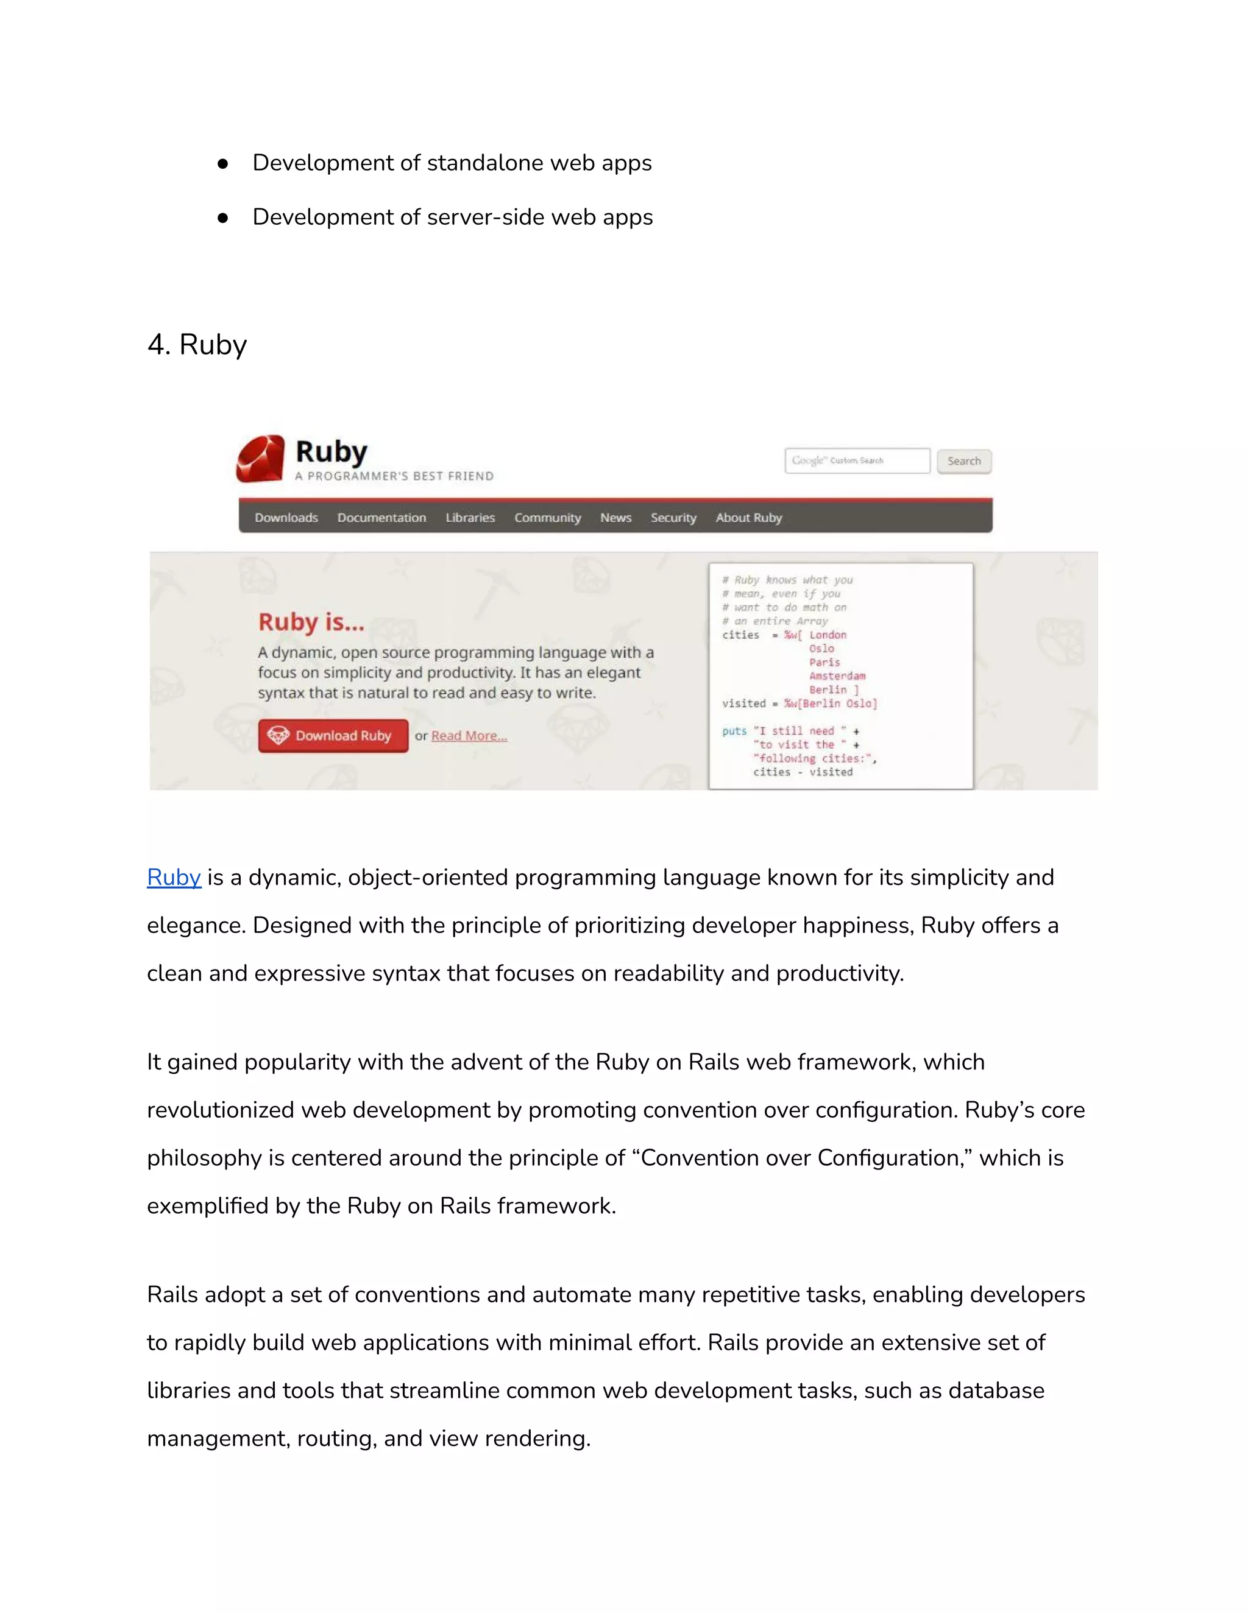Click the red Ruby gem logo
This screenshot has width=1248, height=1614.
tap(260, 459)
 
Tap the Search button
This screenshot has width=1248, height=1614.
tap(964, 461)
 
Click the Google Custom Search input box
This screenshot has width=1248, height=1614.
tap(857, 460)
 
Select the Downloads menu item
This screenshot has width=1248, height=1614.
tap(286, 517)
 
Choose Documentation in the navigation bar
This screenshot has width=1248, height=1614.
tap(381, 517)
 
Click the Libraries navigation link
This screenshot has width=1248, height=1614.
tap(470, 517)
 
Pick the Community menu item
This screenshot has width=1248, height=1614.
tap(548, 517)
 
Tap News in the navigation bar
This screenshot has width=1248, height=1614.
tap(616, 517)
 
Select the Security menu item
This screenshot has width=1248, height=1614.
tap(673, 517)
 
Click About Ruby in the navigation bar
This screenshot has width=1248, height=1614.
tap(748, 517)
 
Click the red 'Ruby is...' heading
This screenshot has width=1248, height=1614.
tap(311, 622)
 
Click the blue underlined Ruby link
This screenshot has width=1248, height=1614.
tap(174, 877)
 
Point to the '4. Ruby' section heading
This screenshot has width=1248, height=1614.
tap(197, 344)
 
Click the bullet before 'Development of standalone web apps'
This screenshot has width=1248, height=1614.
tap(222, 163)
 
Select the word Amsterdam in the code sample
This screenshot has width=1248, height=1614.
tap(837, 676)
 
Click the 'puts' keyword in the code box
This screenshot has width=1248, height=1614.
tap(734, 731)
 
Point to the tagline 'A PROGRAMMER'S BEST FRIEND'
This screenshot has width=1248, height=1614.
tap(394, 476)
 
